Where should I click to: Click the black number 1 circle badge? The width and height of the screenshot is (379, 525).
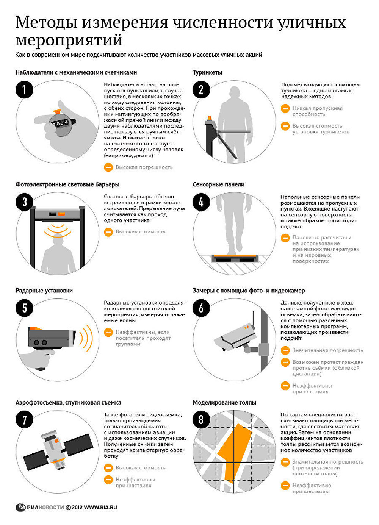tap(24, 90)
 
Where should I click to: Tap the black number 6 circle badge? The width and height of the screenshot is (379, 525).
tap(201, 308)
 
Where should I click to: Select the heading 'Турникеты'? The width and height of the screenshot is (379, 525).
tap(207, 73)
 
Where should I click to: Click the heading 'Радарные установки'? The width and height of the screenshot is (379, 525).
tap(44, 291)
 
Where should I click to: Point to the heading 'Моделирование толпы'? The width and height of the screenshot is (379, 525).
tap(224, 403)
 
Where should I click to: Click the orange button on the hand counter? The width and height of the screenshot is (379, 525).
tap(57, 112)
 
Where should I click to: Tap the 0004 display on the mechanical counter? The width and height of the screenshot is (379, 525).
tap(61, 123)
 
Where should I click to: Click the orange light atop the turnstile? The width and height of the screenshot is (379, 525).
tap(210, 118)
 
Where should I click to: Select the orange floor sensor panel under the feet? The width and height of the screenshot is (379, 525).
tap(235, 256)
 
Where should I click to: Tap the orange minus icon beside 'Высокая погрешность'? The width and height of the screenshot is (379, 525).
tap(108, 167)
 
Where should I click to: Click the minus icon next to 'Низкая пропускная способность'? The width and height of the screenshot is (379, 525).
tap(285, 108)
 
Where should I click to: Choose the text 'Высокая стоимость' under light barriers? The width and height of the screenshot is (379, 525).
tap(141, 231)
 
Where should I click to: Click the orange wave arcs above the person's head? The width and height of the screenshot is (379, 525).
tap(58, 230)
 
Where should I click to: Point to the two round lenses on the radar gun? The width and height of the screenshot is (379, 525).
tap(40, 342)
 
